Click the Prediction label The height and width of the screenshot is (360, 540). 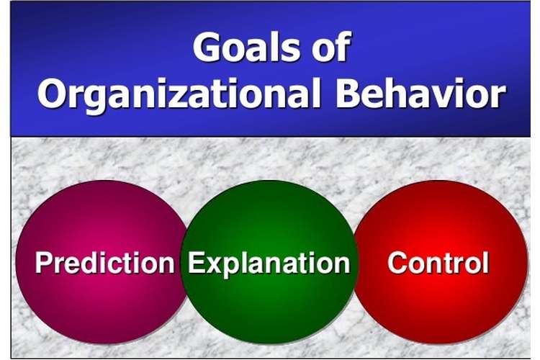coord(104,263)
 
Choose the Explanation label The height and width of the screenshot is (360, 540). coord(269,264)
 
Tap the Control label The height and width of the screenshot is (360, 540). coord(438,263)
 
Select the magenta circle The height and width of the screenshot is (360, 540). coord(102,262)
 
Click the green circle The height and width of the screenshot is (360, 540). coord(269,262)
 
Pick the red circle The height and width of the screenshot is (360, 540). coord(441,262)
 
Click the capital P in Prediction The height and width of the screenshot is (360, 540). coord(44,263)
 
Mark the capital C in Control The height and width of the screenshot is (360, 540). coord(398,263)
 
